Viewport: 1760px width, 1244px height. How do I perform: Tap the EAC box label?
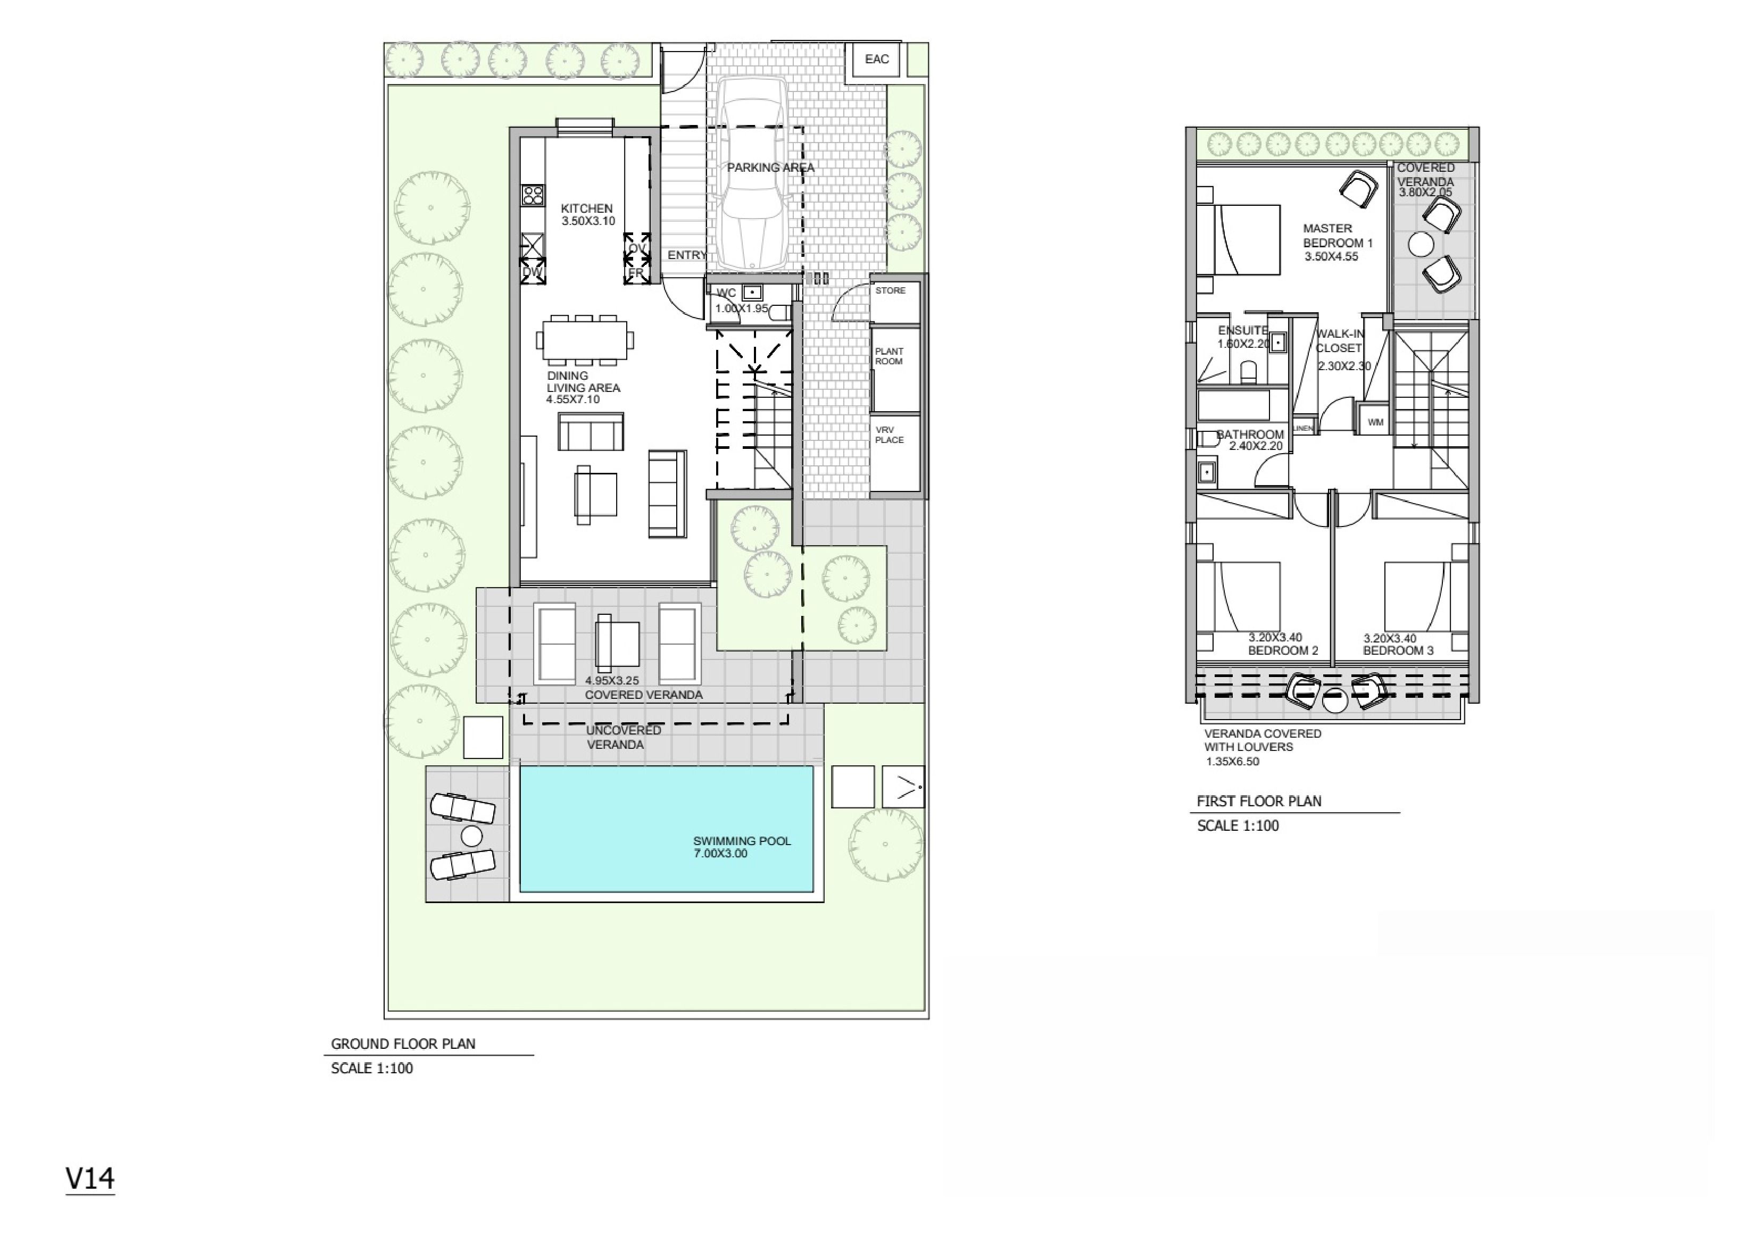[877, 59]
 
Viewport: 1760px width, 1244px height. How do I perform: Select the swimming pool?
[666, 829]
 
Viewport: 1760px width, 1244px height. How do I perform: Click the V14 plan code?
[90, 1178]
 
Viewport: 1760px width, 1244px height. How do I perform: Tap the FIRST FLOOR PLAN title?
[1259, 801]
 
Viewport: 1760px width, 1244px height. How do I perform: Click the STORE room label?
[890, 290]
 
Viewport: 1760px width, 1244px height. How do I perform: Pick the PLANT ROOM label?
[889, 356]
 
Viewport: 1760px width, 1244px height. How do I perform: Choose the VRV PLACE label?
[889, 435]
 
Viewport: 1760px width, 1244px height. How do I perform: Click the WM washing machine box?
[1375, 422]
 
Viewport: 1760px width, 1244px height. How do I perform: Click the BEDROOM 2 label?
[1283, 651]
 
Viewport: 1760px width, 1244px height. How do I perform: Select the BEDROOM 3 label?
[1398, 651]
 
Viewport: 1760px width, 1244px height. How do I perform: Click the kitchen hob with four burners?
[533, 195]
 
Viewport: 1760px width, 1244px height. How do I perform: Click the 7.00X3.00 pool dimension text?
[720, 854]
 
